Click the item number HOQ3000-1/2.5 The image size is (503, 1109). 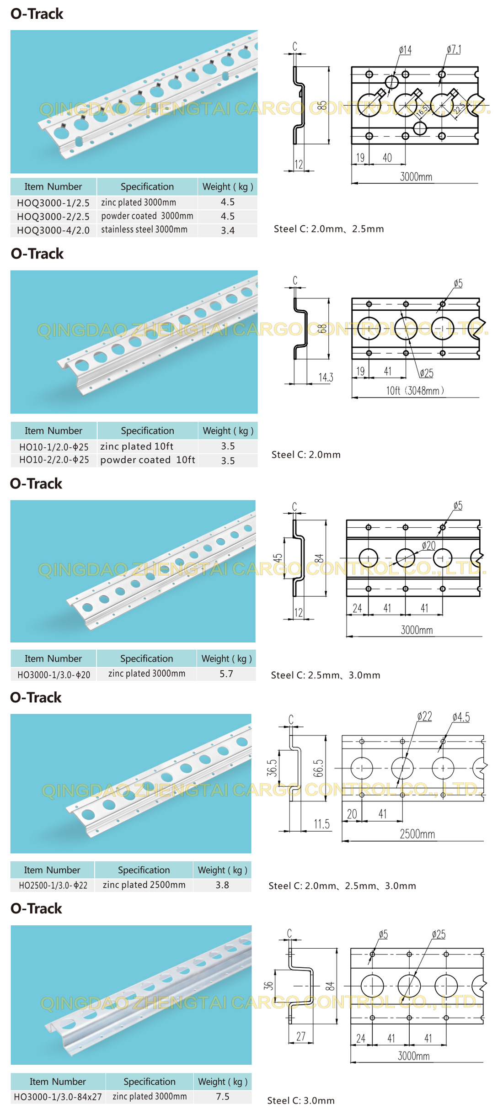[53, 203]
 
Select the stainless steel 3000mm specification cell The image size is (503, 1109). [144, 230]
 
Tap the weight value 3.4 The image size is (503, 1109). [228, 230]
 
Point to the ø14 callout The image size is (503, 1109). [405, 50]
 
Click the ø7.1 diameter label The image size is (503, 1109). [454, 49]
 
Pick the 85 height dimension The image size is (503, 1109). [322, 105]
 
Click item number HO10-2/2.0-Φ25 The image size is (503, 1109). [54, 460]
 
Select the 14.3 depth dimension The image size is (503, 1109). [326, 377]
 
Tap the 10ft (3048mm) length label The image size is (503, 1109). [415, 391]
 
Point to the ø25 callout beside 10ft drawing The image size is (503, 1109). [426, 373]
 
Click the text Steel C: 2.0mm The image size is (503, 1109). [306, 455]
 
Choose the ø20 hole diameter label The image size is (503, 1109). [428, 546]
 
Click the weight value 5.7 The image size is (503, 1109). [226, 674]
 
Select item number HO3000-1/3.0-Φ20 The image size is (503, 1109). [54, 674]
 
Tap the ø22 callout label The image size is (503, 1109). [424, 716]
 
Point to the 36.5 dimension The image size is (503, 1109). [272, 768]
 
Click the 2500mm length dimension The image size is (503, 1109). [417, 834]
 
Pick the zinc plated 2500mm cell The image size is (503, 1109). [144, 885]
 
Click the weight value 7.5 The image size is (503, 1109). [223, 1096]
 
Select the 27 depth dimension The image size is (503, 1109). [300, 1036]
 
